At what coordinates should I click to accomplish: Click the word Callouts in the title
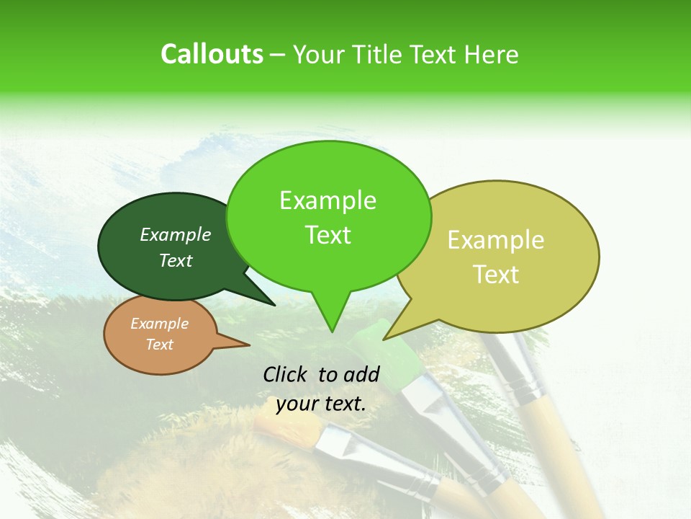[212, 54]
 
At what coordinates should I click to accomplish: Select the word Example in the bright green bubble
[328, 200]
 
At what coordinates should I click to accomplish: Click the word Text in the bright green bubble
[328, 235]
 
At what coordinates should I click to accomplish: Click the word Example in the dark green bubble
[176, 234]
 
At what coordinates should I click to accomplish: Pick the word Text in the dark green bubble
[176, 261]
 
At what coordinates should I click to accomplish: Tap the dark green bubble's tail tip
[275, 305]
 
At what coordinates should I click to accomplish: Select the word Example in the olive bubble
[496, 240]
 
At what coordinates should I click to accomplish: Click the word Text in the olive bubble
[496, 275]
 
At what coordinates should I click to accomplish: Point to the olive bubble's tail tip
[384, 340]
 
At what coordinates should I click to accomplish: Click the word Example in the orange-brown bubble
[159, 324]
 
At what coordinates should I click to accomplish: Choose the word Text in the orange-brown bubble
[159, 345]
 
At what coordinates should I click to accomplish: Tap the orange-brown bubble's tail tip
[250, 345]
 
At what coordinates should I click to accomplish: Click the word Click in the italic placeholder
[287, 374]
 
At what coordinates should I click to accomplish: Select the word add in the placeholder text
[363, 374]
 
